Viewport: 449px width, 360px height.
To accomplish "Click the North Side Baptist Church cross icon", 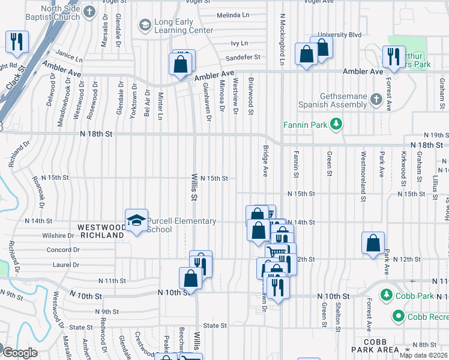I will click(89, 12).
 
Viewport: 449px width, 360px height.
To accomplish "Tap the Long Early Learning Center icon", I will click(145, 25).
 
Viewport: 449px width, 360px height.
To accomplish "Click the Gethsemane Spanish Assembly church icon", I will click(376, 98).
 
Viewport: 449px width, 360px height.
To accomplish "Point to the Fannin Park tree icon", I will click(337, 124).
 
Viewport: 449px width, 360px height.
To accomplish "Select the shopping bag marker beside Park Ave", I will click(373, 243).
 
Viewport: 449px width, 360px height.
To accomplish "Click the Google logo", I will click(20, 353).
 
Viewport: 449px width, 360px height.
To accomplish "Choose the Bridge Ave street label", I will click(265, 161).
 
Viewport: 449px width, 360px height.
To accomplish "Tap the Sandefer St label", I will click(242, 58).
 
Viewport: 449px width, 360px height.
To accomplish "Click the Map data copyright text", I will click(423, 355).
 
